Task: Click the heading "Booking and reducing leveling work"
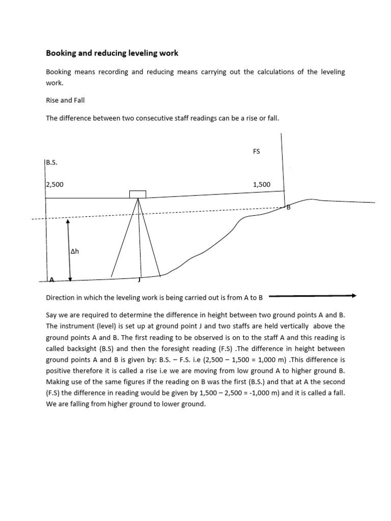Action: [x=112, y=53]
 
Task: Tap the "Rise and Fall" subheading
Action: [x=64, y=100]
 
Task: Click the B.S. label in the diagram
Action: [x=51, y=163]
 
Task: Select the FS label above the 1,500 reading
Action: [x=256, y=152]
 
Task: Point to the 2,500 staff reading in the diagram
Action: [x=55, y=185]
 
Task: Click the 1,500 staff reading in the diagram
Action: [x=261, y=185]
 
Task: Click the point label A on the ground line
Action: [x=51, y=279]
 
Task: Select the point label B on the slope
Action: [x=288, y=207]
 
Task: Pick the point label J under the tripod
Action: [x=139, y=279]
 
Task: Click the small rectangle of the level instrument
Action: [x=137, y=194]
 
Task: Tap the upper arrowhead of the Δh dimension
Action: [x=68, y=222]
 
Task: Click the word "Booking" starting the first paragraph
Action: [x=60, y=72]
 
